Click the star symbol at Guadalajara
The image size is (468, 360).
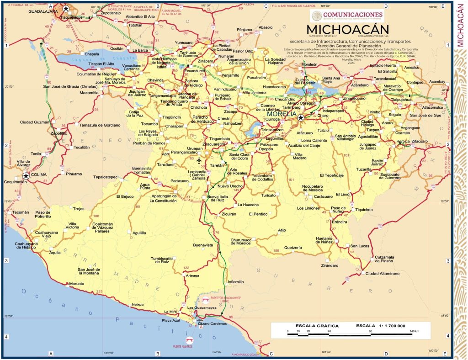pyautogui.click(x=66, y=9)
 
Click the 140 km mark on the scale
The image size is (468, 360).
pyautogui.click(x=413, y=330)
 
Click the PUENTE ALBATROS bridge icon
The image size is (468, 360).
pyautogui.click(x=189, y=340)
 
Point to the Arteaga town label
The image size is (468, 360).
pyautogui.click(x=192, y=275)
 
